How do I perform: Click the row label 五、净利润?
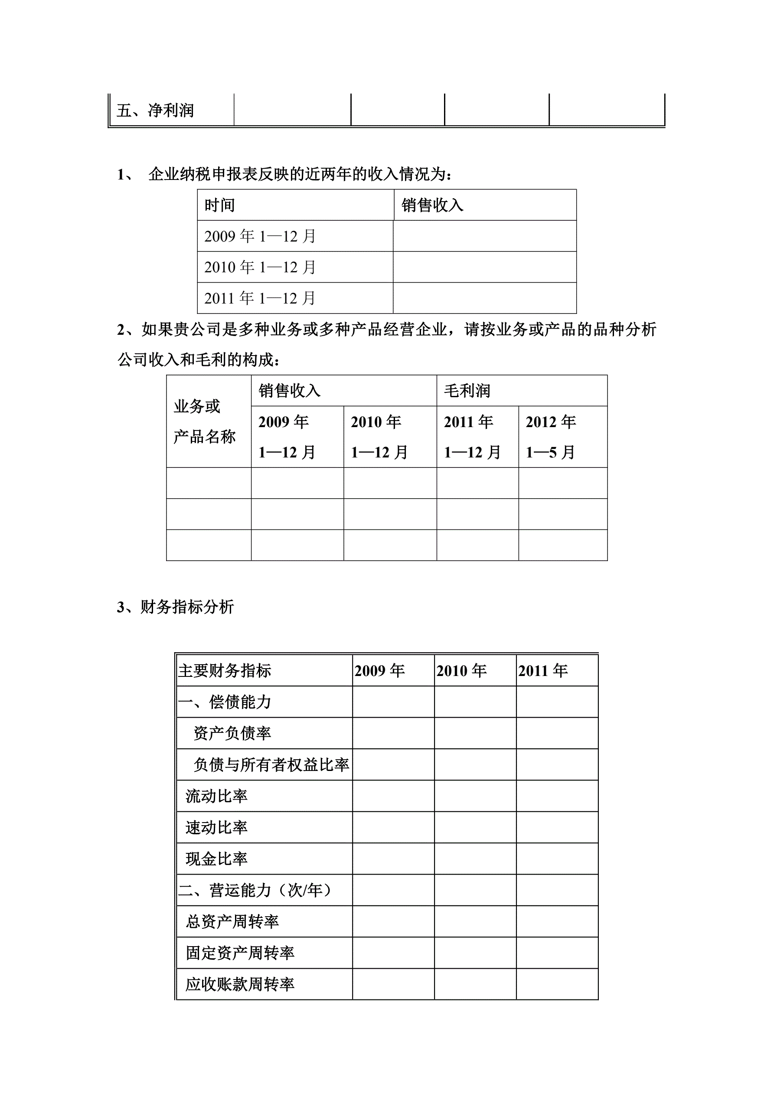coord(155,111)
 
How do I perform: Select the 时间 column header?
coord(220,206)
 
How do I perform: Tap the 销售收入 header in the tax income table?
coord(432,206)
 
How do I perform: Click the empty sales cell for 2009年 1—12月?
coord(484,236)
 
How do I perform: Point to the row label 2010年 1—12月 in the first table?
coord(260,267)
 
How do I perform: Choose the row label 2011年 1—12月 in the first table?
coord(260,298)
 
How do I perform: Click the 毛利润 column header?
coord(467,391)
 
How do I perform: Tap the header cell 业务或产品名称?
coord(205,421)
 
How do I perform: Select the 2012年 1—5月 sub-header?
coord(551,437)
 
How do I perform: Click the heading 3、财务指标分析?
coord(175,607)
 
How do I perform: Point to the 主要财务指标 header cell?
coord(225,671)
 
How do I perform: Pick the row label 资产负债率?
coord(232,733)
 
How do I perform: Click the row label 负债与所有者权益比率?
coord(271,765)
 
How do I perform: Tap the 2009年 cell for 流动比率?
coord(393,796)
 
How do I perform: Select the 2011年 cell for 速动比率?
coord(557,828)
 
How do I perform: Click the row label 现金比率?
coord(216,859)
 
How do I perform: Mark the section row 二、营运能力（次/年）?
coord(255,890)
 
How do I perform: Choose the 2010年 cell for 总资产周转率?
coord(475,921)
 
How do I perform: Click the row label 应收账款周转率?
coord(240,984)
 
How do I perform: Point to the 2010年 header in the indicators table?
coord(461,671)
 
